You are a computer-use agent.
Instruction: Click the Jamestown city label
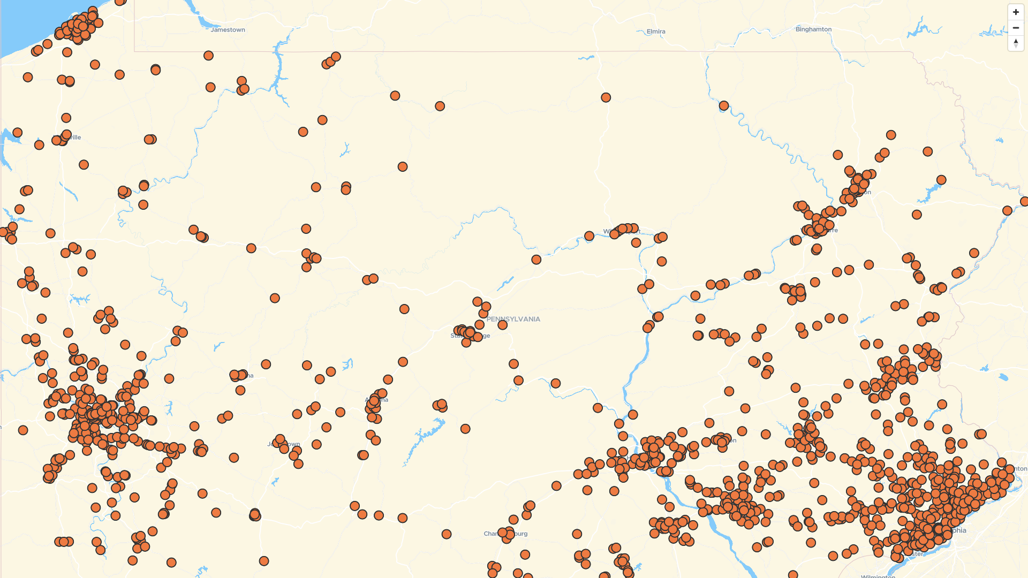[x=228, y=30]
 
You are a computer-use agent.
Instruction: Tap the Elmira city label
[x=655, y=32]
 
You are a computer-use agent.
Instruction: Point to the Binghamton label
[x=813, y=29]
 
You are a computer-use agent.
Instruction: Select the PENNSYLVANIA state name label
[x=513, y=319]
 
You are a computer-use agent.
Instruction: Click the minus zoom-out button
[x=1016, y=28]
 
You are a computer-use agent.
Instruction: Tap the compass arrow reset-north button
[x=1016, y=43]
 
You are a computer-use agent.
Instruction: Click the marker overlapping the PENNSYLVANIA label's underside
[x=502, y=325]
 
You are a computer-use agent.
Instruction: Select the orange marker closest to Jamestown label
[x=208, y=56]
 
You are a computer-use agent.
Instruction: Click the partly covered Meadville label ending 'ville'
[x=75, y=138]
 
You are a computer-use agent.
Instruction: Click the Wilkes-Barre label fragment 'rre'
[x=833, y=230]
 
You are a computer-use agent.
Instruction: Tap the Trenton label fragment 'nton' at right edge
[x=1020, y=469]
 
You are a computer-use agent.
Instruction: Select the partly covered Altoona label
[x=383, y=400]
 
